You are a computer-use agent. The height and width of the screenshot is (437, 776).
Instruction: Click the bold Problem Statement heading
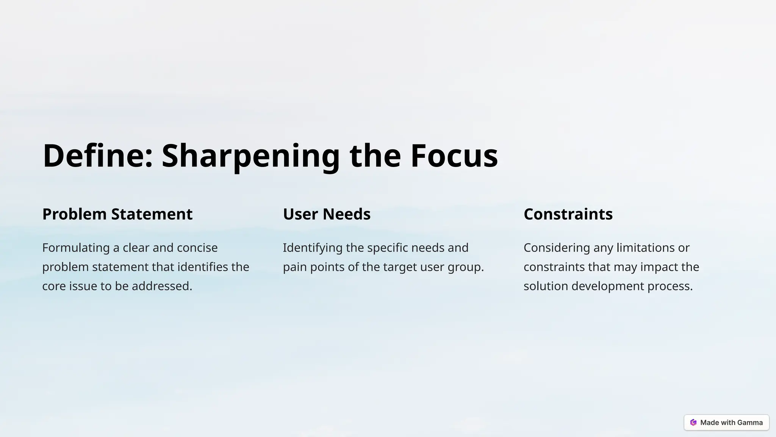(117, 214)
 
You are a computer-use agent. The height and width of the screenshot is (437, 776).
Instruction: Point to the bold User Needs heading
(327, 214)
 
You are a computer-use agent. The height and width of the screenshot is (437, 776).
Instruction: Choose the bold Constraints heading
(568, 214)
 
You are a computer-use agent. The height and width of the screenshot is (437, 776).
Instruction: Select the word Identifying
(313, 248)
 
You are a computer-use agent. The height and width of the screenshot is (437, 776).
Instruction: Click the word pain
(295, 267)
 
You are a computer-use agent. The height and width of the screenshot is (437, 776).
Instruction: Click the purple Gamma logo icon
(693, 423)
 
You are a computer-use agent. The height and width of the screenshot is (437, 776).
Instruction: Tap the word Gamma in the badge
(750, 423)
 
